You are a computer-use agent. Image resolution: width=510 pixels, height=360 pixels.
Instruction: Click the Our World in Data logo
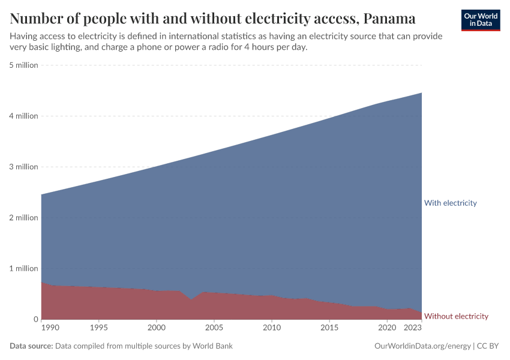pos(480,20)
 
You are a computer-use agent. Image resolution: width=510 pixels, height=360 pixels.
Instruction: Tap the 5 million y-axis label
pos(24,65)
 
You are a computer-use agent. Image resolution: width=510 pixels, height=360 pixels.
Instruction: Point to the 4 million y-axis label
pos(24,116)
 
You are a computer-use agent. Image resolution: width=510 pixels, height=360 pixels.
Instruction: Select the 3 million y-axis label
pos(24,167)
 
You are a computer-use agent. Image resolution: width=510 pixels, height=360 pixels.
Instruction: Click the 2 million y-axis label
pos(24,218)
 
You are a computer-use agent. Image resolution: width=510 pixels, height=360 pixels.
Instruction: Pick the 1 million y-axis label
pos(24,268)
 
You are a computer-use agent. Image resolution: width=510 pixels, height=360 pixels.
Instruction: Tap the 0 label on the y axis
pos(35,319)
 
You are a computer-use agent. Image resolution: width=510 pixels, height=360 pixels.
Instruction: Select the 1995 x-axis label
pos(99,328)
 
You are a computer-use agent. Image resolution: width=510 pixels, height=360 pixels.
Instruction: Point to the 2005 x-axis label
pos(214,328)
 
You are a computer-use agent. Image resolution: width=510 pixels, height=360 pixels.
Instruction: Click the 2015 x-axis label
pos(329,328)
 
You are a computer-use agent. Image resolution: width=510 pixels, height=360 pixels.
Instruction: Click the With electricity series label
pos(450,203)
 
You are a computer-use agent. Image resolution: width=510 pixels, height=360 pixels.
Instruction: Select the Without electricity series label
pos(456,316)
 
